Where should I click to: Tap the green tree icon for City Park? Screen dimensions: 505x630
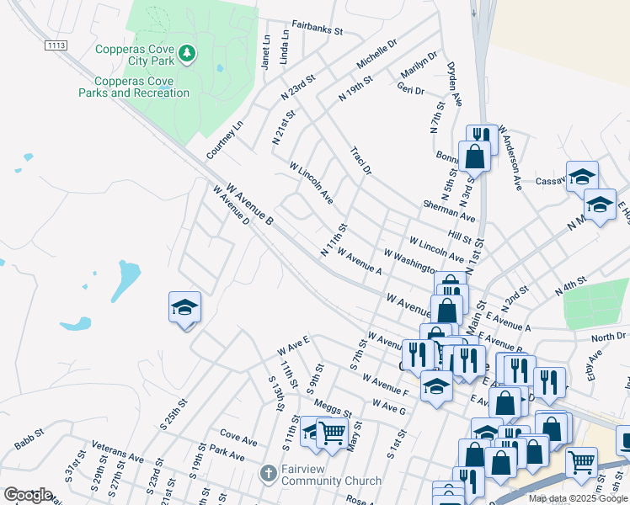(x=187, y=55)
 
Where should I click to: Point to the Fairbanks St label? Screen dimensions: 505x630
(x=318, y=29)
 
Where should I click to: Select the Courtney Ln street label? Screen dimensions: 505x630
(x=225, y=140)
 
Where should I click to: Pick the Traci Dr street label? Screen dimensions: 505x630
(x=360, y=159)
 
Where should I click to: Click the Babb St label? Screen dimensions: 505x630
(x=29, y=442)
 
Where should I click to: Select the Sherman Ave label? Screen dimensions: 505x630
(x=450, y=211)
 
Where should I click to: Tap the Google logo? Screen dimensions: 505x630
(x=29, y=495)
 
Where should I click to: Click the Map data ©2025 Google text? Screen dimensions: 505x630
(x=577, y=498)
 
